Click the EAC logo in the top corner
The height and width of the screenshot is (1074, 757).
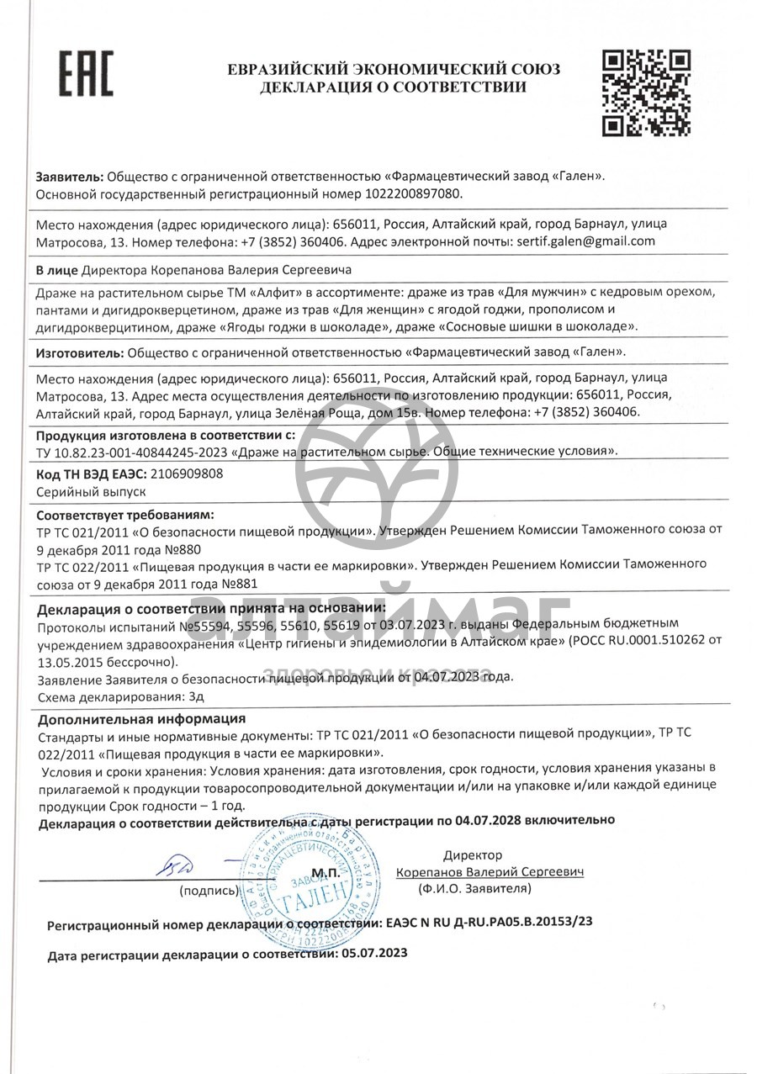[x=85, y=73]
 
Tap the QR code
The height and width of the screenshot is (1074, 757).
[x=648, y=92]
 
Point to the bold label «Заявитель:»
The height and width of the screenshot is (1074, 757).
[x=70, y=177]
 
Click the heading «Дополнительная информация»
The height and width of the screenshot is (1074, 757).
[x=142, y=718]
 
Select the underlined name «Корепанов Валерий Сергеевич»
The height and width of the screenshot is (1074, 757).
[x=490, y=872]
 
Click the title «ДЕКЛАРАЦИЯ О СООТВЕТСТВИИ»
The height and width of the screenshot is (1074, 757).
[x=394, y=87]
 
